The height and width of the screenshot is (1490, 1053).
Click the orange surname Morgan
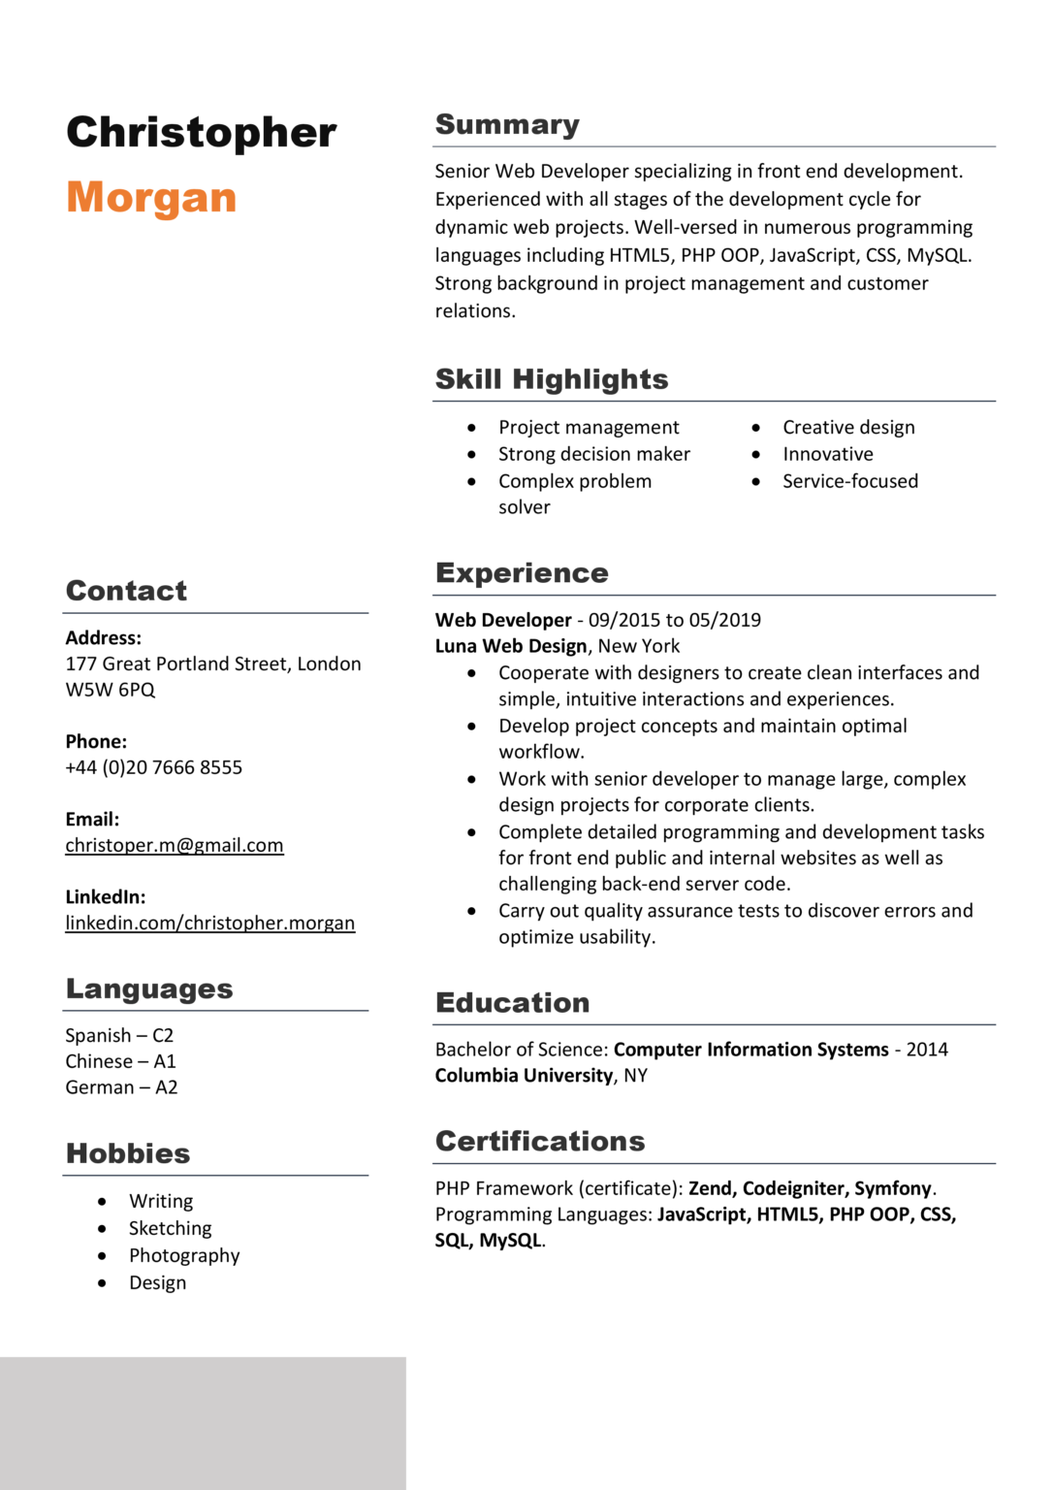point(151,198)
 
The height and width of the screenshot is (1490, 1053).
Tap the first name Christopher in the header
point(202,133)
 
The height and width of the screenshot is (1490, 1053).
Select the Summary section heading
point(507,125)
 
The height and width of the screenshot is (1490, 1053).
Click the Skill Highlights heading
point(552,379)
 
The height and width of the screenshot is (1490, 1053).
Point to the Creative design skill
point(848,428)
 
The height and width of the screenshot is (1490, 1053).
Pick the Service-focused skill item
point(850,481)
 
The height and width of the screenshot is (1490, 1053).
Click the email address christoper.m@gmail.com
point(175,846)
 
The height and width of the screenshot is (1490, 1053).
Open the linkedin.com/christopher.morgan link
point(210,923)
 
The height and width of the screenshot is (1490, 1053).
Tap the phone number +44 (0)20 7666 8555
point(154,768)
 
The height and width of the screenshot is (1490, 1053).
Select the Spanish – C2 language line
point(119,1036)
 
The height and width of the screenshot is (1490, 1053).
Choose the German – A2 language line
point(121,1088)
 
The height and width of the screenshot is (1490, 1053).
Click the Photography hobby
point(184,1256)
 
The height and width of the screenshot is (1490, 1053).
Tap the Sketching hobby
point(170,1229)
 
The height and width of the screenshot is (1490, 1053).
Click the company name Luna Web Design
point(511,647)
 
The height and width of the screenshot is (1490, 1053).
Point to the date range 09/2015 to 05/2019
point(675,621)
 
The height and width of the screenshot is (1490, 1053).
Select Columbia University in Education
point(524,1076)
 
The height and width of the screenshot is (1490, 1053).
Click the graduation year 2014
point(927,1050)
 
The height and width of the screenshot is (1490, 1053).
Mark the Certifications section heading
point(540,1142)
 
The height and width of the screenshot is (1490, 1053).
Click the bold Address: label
point(104,638)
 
